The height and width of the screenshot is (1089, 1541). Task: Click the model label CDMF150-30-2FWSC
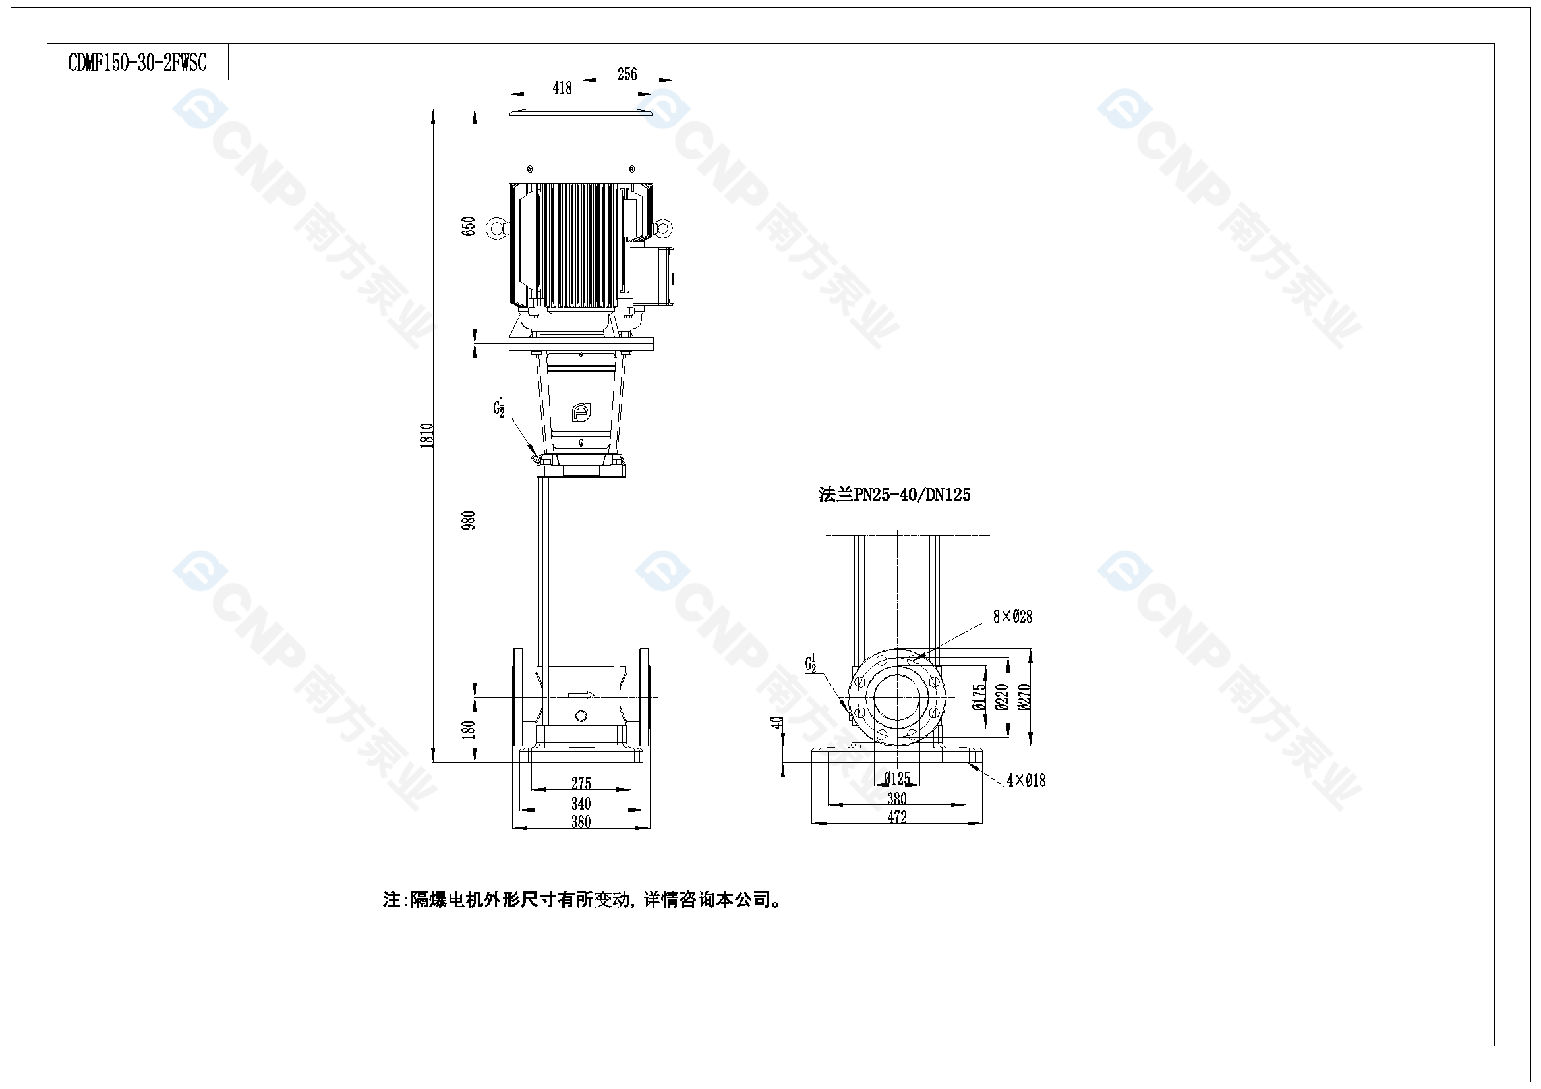(x=138, y=63)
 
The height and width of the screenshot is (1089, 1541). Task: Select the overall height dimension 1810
(x=427, y=435)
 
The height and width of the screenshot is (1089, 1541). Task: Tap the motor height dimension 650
(x=469, y=226)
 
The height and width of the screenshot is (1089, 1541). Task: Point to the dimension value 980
(x=469, y=520)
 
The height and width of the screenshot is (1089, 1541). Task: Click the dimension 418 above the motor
(x=562, y=87)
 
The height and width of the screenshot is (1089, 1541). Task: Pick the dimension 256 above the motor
(x=627, y=74)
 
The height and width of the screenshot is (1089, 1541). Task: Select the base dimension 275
(x=581, y=783)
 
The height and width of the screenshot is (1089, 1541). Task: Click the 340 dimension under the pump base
(x=581, y=803)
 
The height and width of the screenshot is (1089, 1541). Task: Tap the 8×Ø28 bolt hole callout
(x=1013, y=616)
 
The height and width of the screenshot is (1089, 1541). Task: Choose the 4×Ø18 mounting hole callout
(x=1026, y=780)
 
